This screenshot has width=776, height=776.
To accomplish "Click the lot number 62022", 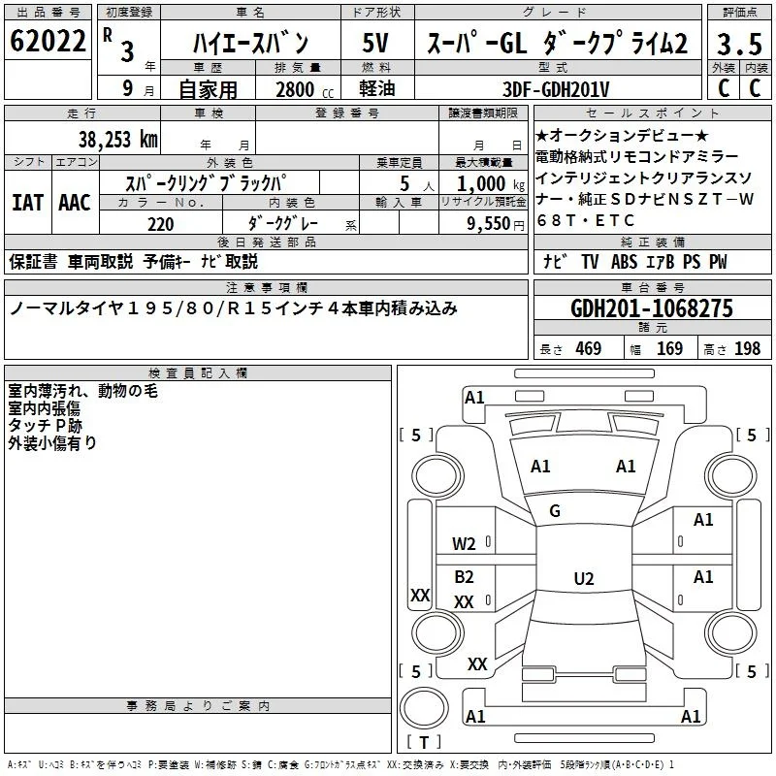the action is coord(48,41).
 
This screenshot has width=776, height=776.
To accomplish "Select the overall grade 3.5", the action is coord(739,44).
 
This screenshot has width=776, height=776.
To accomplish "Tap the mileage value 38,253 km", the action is coord(118,140).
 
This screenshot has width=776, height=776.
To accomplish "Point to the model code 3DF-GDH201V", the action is coord(556,89).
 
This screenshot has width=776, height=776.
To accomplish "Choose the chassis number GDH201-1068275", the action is coord(652,308).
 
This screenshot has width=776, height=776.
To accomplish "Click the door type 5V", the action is coord(375,43).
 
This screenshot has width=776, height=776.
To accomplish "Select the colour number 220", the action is coord(161,224).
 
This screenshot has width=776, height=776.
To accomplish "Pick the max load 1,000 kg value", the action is coord(491,184).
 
